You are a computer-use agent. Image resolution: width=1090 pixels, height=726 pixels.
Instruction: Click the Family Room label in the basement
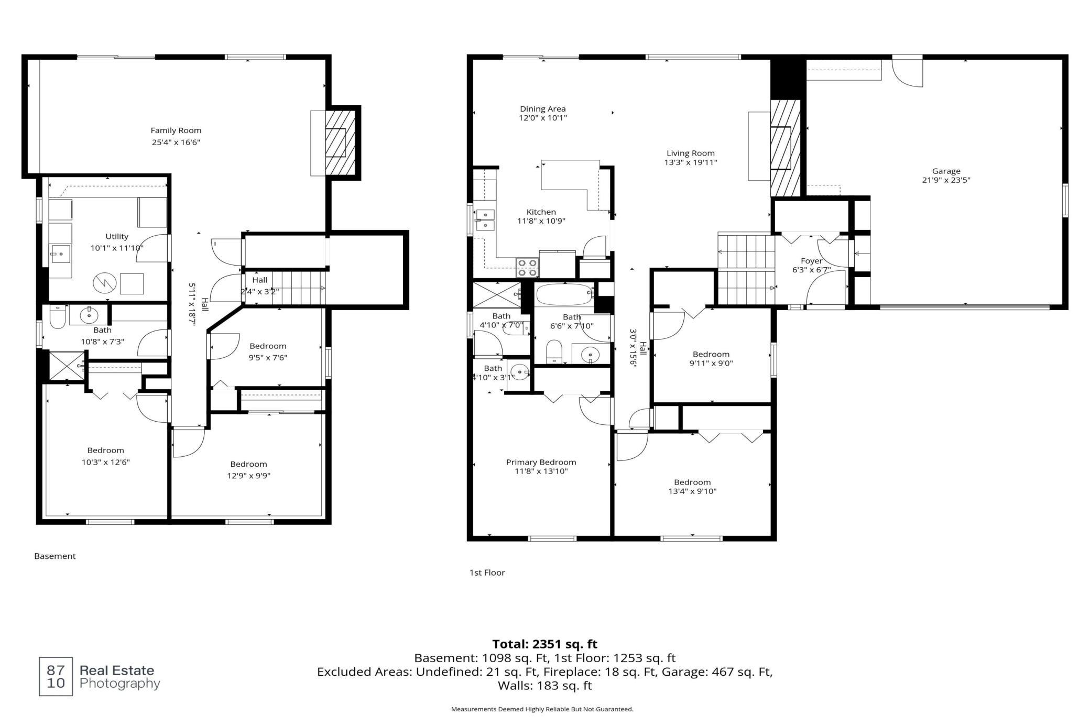(176, 130)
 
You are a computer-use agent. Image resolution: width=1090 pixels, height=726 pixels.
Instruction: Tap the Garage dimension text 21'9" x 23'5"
(946, 180)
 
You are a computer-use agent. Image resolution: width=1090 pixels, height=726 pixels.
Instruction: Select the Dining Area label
(543, 109)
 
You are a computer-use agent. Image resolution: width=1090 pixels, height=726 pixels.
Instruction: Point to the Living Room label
(691, 153)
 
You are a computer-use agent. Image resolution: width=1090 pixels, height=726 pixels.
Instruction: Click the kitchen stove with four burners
(527, 268)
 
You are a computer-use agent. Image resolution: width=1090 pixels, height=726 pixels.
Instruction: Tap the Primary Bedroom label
(541, 462)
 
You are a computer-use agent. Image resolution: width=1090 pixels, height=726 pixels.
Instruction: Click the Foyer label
(812, 261)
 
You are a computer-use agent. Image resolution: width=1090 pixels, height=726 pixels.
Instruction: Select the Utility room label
(117, 237)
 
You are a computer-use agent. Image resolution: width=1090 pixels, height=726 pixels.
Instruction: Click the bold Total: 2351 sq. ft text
(545, 644)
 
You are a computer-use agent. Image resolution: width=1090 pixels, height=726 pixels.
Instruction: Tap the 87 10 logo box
(56, 677)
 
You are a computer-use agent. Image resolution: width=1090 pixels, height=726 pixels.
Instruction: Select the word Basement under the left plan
(55, 556)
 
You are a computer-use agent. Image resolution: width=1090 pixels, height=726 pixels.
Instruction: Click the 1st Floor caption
(487, 573)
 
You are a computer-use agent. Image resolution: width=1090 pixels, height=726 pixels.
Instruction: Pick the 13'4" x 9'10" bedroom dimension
(692, 491)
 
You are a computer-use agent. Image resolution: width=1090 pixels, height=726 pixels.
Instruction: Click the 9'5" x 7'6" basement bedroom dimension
(268, 358)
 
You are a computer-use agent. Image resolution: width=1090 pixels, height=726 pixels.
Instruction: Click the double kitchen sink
(485, 221)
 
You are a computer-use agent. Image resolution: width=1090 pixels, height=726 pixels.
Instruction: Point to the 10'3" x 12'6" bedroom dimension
(105, 462)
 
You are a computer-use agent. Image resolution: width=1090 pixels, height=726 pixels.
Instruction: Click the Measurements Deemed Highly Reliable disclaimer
(542, 709)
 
